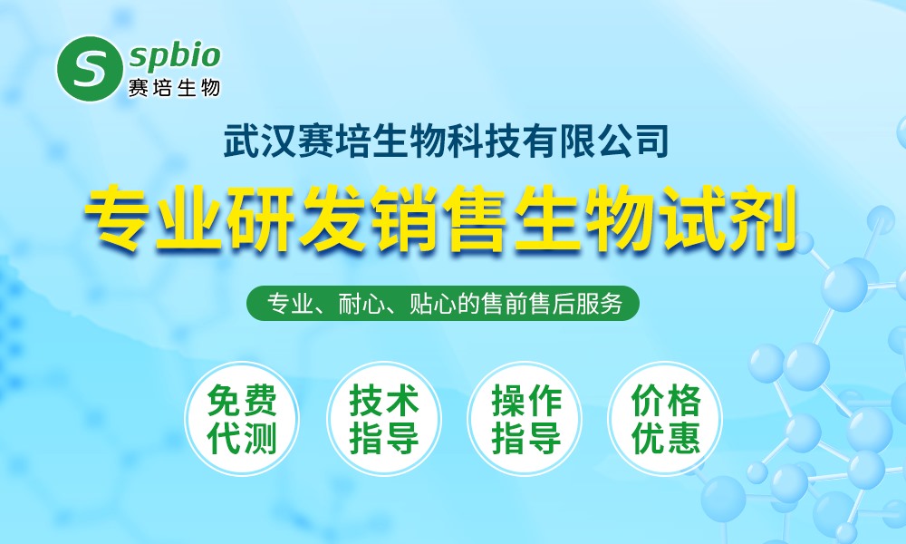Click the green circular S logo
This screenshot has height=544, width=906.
(x=90, y=69)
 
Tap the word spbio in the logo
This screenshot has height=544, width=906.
(x=175, y=56)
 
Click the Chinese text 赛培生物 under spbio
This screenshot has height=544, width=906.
(x=174, y=88)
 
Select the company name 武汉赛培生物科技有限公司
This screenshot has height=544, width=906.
(x=446, y=141)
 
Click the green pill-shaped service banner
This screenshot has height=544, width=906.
(x=443, y=303)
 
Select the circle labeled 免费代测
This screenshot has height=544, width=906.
(x=242, y=419)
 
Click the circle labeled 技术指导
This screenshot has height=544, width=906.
(x=383, y=419)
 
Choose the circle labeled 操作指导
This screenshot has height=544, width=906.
(x=525, y=419)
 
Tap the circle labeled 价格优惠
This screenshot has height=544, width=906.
(x=666, y=419)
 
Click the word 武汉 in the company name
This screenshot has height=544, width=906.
(x=259, y=141)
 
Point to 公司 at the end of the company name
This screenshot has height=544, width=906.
(x=633, y=141)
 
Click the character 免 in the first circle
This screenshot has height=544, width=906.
(x=224, y=400)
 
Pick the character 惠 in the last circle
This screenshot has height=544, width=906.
(x=683, y=438)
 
